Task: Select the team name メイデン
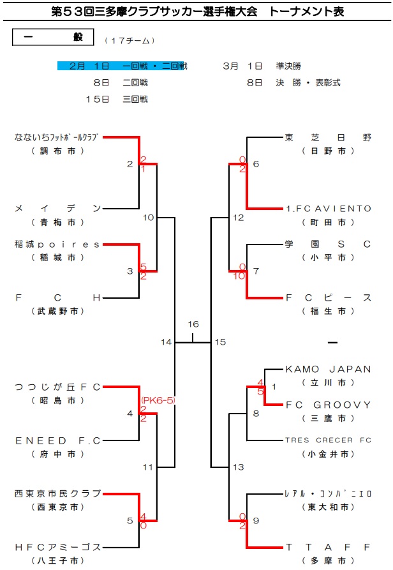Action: (x=57, y=208)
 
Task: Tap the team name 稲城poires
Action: (x=57, y=244)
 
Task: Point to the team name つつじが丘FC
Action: (x=57, y=387)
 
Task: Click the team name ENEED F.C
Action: (x=57, y=440)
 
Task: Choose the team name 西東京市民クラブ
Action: (x=57, y=493)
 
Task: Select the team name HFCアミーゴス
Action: (x=57, y=547)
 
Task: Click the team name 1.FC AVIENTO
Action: (x=328, y=208)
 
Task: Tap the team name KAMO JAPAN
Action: (x=328, y=369)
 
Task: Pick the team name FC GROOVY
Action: (x=328, y=405)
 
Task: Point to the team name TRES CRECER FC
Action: (x=328, y=440)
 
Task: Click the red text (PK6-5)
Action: (x=158, y=400)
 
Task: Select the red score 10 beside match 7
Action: (x=239, y=276)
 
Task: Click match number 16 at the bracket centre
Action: (x=193, y=325)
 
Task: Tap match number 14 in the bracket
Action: (x=167, y=343)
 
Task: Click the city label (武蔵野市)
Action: (x=57, y=311)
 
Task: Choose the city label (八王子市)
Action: (x=57, y=560)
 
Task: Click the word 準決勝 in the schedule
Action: (x=288, y=66)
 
